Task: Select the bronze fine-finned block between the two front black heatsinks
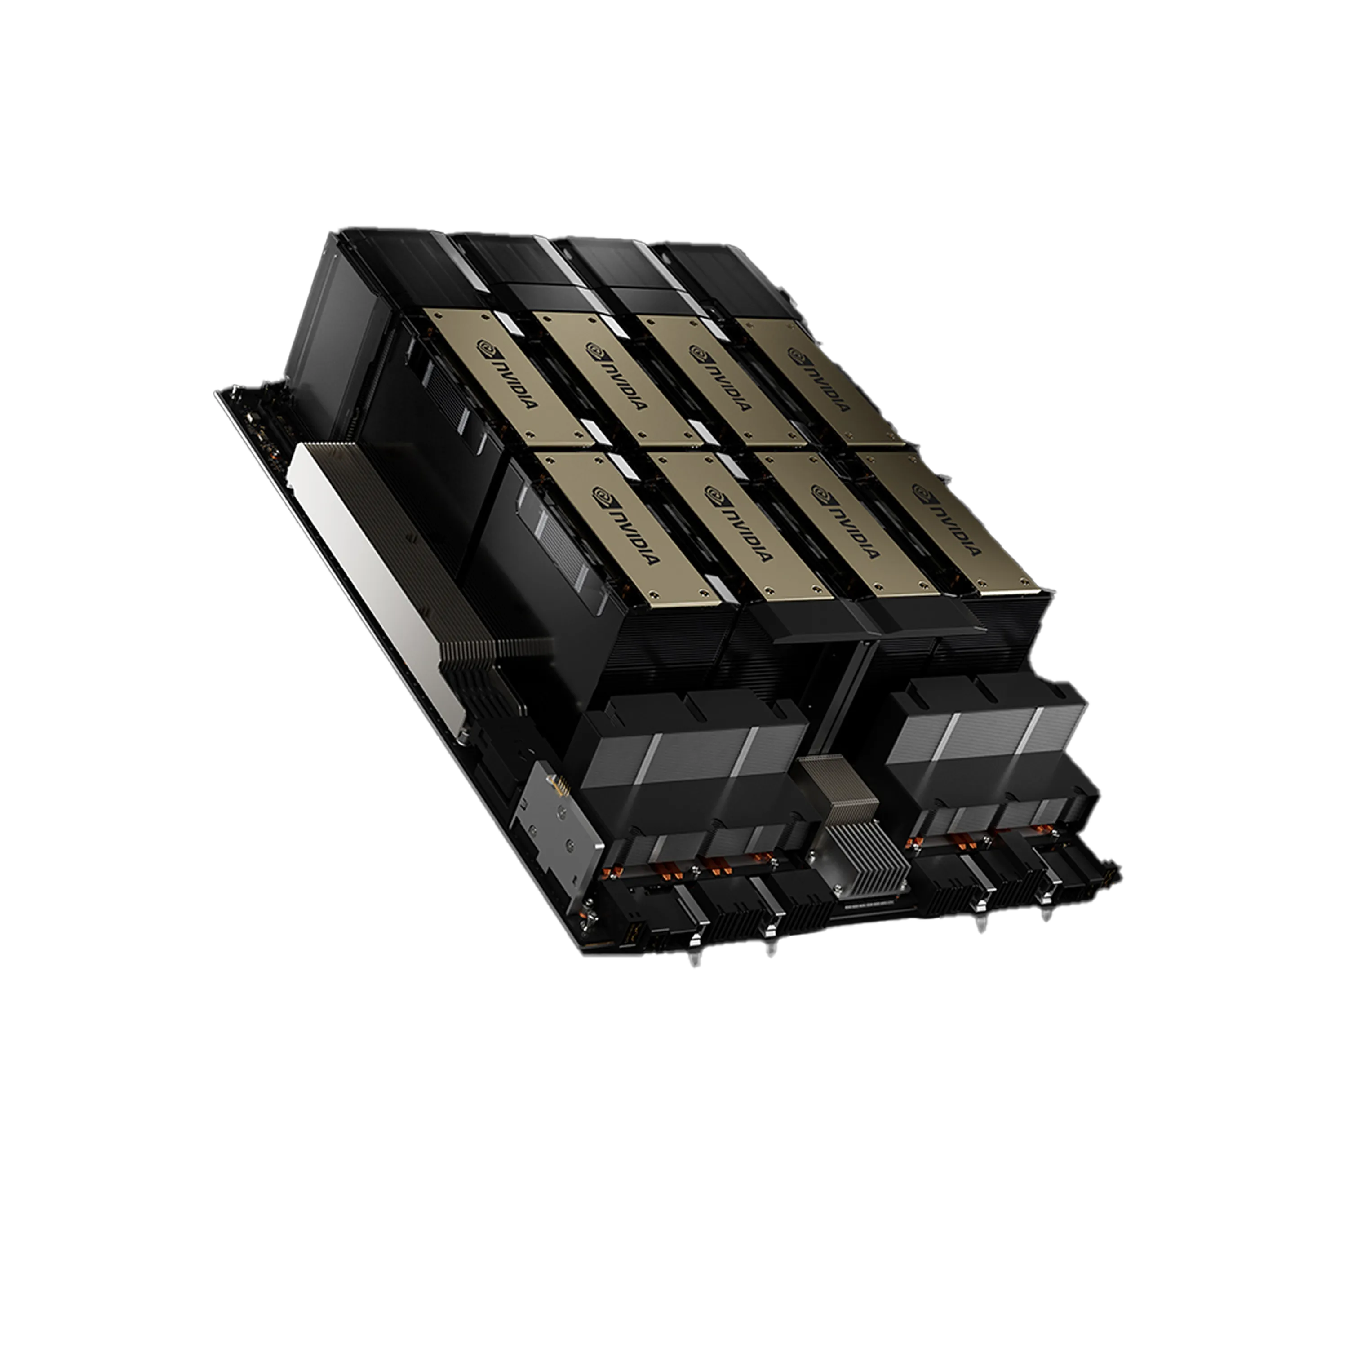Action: click(x=837, y=789)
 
